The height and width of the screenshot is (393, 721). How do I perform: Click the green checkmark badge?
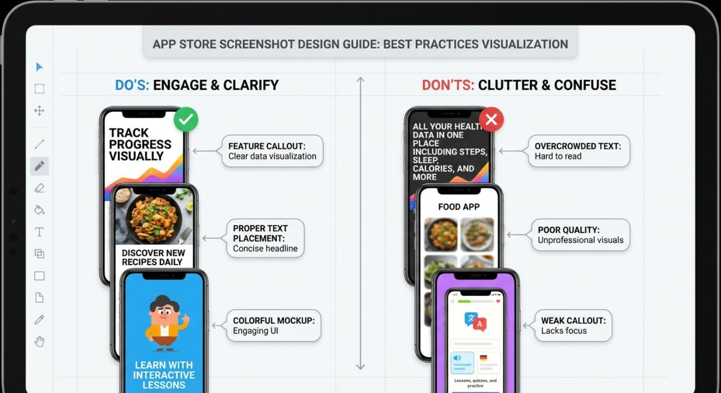tap(186, 120)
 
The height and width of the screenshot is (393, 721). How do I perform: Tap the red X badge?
tap(491, 120)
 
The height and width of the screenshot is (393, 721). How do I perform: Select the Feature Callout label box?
tap(272, 151)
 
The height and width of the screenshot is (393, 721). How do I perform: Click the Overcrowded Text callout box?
tap(578, 151)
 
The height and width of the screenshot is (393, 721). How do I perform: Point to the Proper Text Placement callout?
tap(264, 238)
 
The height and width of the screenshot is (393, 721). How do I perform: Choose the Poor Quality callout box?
tap(580, 235)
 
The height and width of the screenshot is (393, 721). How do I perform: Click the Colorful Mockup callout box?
tap(273, 326)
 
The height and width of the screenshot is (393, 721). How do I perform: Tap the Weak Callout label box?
tap(573, 325)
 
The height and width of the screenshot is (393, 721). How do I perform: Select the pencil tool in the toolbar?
tap(40, 166)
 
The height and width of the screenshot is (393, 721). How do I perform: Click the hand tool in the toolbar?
tap(40, 342)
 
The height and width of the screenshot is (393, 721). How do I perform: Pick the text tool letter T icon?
tap(40, 232)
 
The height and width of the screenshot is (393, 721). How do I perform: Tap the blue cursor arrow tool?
tap(40, 67)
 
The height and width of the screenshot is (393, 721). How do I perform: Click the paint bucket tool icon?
tap(40, 210)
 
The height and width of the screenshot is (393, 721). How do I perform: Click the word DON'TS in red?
tap(448, 85)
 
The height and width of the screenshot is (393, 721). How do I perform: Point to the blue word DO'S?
tap(132, 85)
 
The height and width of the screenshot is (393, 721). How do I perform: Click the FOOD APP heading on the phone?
tap(458, 207)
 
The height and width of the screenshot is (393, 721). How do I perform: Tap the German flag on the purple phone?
tap(483, 358)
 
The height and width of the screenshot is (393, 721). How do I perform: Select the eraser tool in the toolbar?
tap(40, 188)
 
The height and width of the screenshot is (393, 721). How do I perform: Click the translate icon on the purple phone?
tap(475, 322)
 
